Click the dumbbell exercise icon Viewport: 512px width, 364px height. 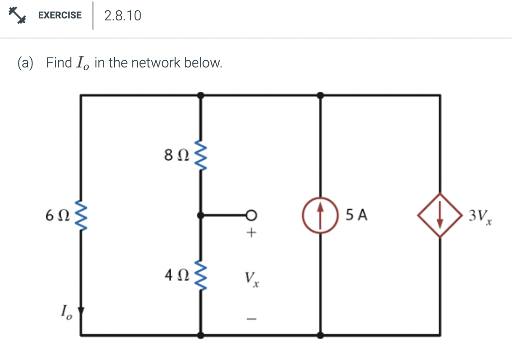[x=16, y=15]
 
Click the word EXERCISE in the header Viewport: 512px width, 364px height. [x=60, y=15]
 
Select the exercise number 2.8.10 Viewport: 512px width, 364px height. [x=123, y=16]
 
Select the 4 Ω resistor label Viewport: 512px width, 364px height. [x=176, y=276]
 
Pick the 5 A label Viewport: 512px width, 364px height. [x=357, y=215]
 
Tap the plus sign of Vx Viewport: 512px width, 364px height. [x=251, y=233]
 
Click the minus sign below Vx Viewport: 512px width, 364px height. [x=251, y=319]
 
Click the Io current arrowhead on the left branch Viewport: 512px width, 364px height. [x=81, y=310]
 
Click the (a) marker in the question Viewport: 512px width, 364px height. [x=26, y=63]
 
